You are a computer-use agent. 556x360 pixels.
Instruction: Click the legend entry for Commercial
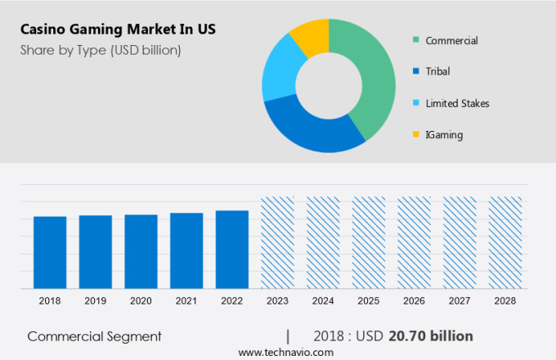pos(451,41)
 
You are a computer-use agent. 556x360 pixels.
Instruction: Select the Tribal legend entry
pos(437,72)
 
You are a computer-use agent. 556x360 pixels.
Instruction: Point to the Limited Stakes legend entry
pos(457,103)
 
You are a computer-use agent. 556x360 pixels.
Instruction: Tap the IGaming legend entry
pos(444,134)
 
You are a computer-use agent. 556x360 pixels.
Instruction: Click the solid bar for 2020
pos(141,251)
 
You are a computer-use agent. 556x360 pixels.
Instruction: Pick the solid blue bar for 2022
pos(232,250)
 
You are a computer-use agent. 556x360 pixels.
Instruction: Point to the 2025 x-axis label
pos(369,301)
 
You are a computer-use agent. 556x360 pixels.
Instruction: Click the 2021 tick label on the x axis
pos(186,301)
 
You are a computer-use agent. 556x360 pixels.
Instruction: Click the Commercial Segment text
pos(94,336)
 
